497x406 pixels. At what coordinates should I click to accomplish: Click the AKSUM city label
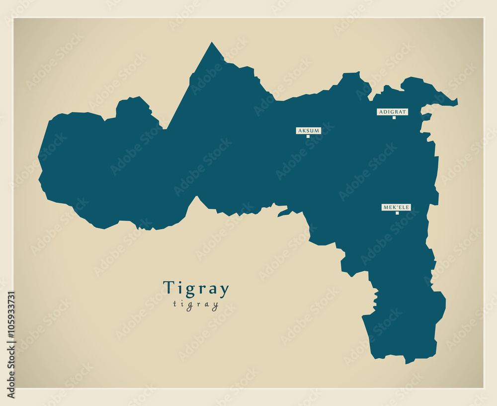[x=309, y=131]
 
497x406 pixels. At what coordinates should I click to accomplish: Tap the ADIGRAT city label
[x=392, y=112]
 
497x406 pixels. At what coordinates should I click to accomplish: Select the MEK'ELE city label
[x=396, y=207]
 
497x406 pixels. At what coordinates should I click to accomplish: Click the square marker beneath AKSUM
[x=308, y=136]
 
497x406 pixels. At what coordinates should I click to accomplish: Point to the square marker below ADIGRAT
[x=394, y=118]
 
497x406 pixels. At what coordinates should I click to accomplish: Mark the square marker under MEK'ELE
[x=397, y=213]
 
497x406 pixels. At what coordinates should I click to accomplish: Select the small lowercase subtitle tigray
[x=196, y=304]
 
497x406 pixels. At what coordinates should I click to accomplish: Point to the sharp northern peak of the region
[x=212, y=43]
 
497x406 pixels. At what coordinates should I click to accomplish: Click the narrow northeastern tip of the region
[x=456, y=102]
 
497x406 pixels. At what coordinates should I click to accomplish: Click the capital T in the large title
[x=169, y=288]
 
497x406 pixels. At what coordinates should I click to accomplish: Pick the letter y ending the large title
[x=224, y=291]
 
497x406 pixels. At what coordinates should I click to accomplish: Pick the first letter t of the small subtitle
[x=175, y=304]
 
